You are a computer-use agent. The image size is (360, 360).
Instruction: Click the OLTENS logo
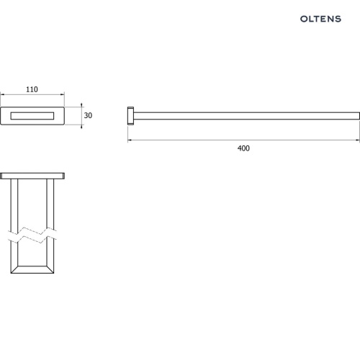pyautogui.click(x=320, y=19)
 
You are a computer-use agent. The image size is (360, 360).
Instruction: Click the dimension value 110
pyautogui.click(x=32, y=89)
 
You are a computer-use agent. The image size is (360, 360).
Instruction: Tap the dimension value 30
pyautogui.click(x=88, y=115)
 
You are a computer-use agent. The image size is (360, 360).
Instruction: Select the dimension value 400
pyautogui.click(x=243, y=148)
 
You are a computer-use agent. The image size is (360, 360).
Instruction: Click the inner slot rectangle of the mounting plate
pyautogui.click(x=32, y=116)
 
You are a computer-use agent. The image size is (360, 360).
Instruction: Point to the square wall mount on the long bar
pyautogui.click(x=130, y=116)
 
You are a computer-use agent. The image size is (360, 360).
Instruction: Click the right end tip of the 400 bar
pyautogui.click(x=359, y=116)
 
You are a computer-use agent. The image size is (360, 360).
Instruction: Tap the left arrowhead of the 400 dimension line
pyautogui.click(x=130, y=140)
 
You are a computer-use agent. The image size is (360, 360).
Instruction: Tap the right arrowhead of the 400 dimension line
pyautogui.click(x=358, y=140)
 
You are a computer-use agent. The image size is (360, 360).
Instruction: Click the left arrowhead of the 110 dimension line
pyautogui.click(x=2, y=94)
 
